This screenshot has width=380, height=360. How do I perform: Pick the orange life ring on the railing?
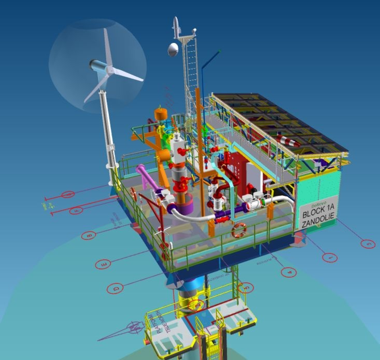click(x=238, y=230)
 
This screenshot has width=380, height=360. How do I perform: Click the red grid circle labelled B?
click(x=89, y=236)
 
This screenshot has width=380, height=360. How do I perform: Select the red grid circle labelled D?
click(x=116, y=287)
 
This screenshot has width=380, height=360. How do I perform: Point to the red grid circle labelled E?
click(x=104, y=265)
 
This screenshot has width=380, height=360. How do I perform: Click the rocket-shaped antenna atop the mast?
click(x=176, y=26)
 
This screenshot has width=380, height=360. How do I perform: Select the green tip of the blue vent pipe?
click(x=219, y=51)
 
